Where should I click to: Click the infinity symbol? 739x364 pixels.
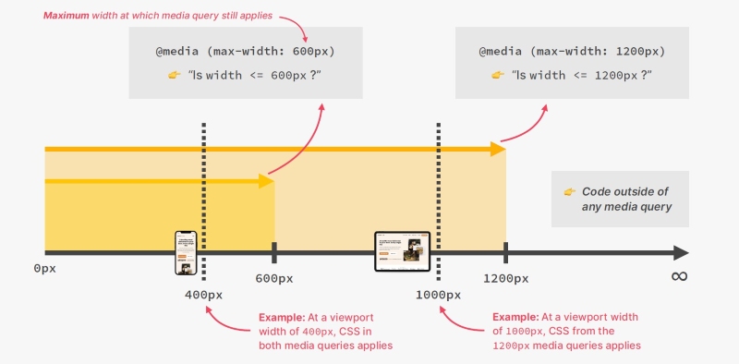[x=679, y=277]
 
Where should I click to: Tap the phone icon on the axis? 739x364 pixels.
[x=187, y=252]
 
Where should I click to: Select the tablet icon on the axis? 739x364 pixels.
[x=403, y=251]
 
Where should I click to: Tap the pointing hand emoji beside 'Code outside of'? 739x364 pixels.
[x=569, y=191]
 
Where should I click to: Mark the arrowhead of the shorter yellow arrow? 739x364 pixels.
[x=267, y=181]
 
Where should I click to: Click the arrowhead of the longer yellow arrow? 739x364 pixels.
[x=498, y=148]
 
